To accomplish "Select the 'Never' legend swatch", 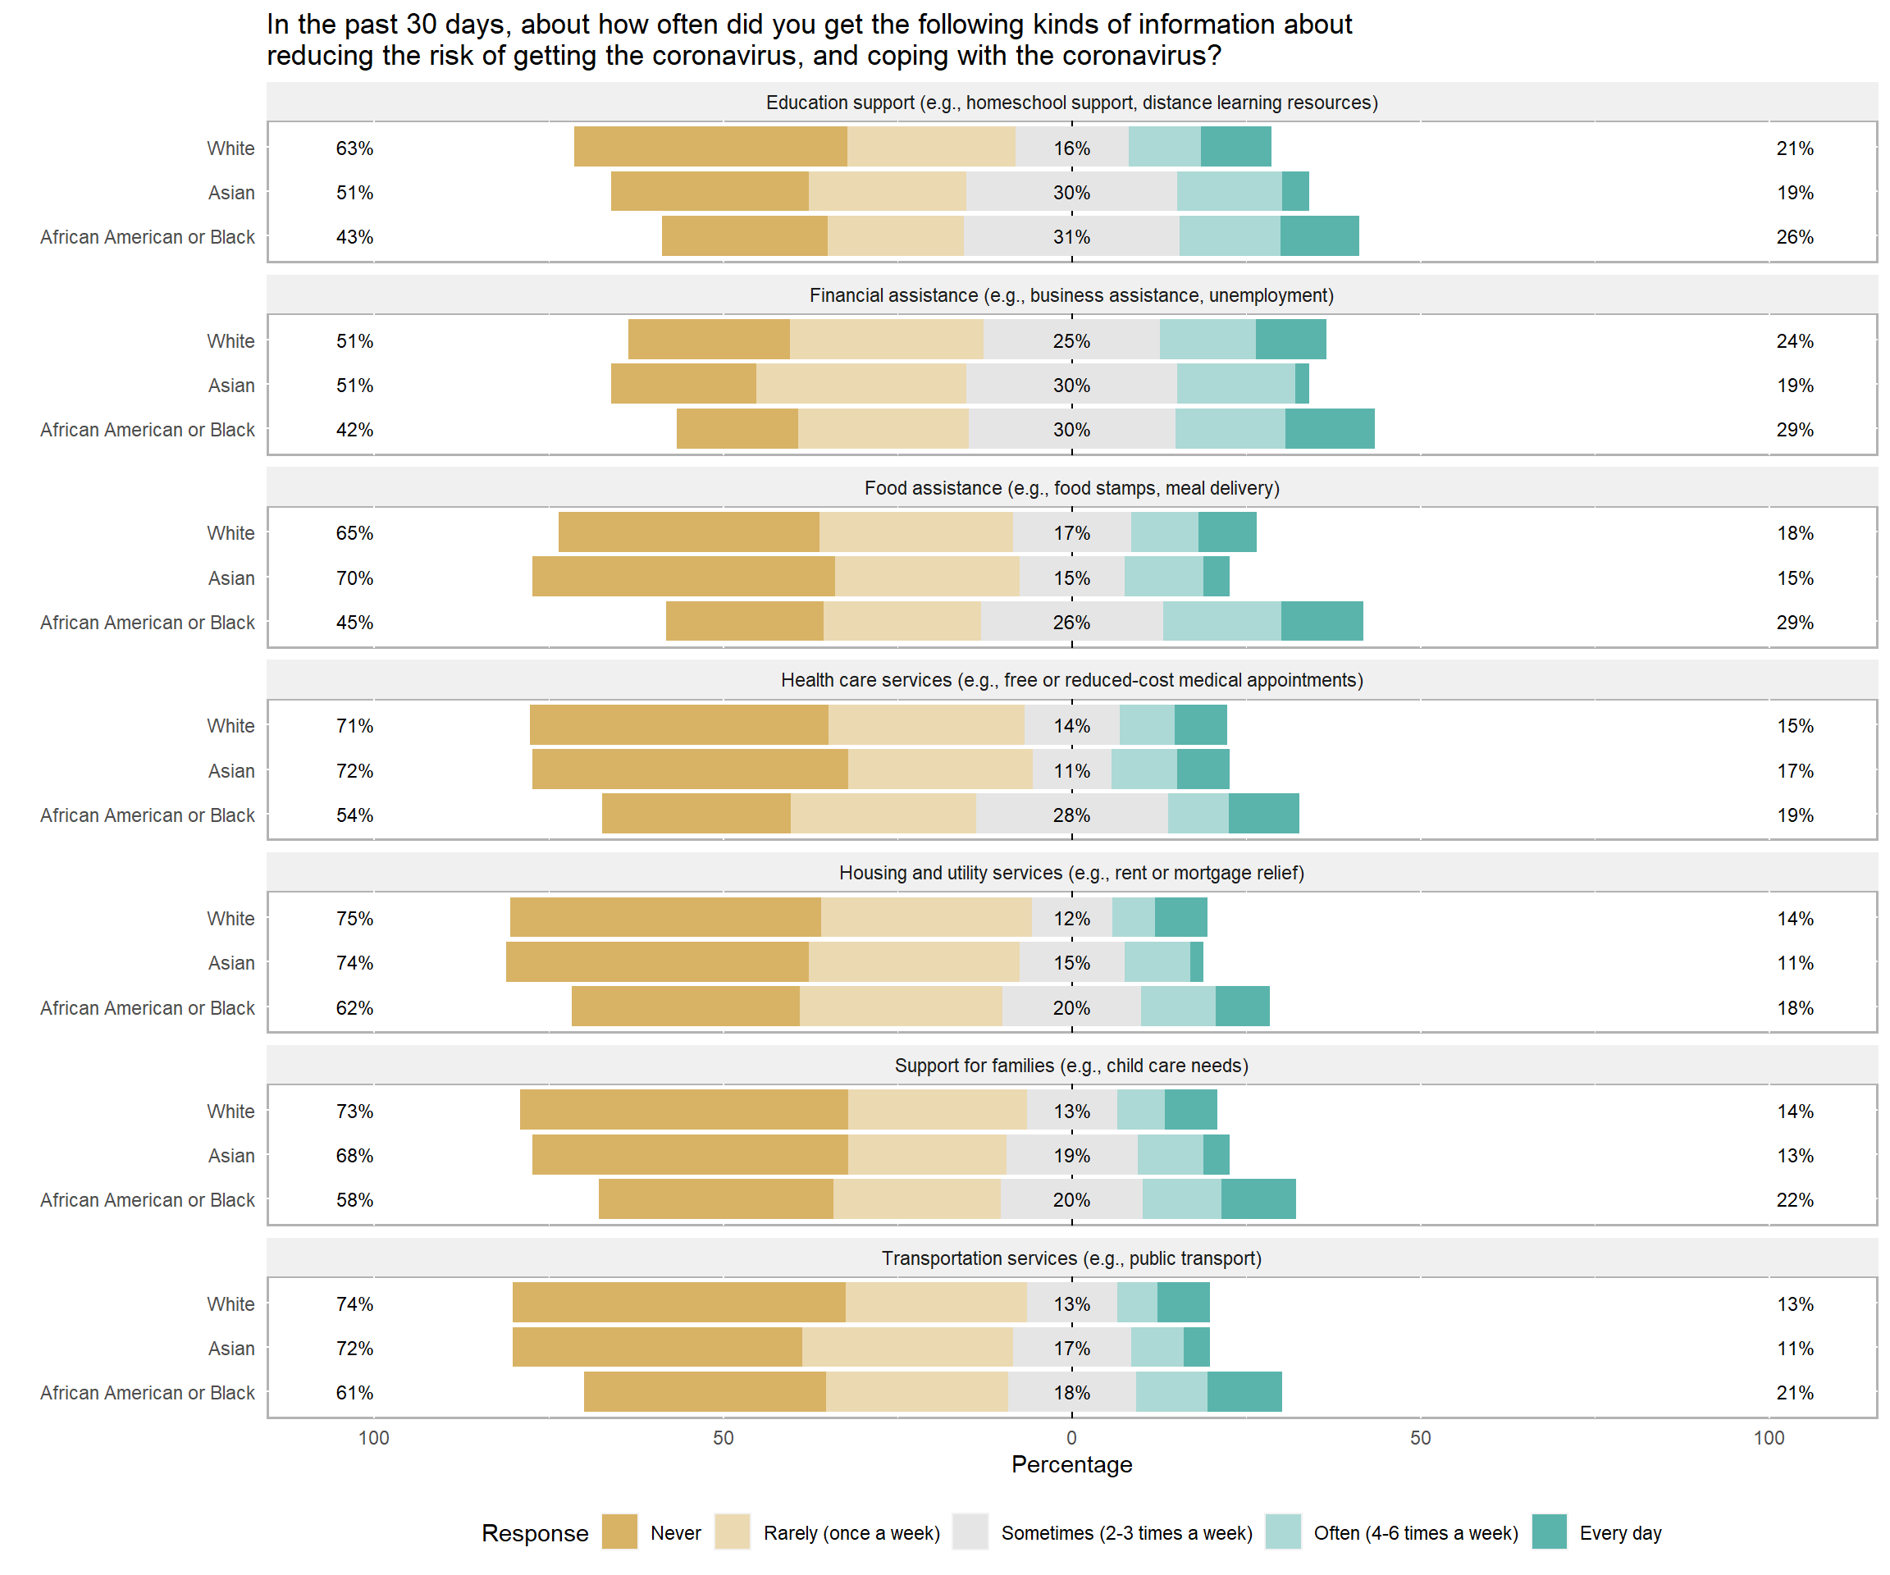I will click(x=619, y=1532).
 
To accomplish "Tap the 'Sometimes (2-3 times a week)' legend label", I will click(x=1127, y=1532).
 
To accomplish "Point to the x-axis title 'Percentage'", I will click(x=1071, y=1464).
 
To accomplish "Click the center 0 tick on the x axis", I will click(x=1071, y=1437).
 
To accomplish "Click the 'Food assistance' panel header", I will click(x=1071, y=488).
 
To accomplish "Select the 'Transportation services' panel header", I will click(x=1071, y=1258).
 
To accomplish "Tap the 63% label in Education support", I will click(x=354, y=148).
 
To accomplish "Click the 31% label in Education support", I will click(x=1071, y=237).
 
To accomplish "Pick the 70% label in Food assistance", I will click(x=354, y=577).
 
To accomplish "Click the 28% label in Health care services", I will click(x=1071, y=815).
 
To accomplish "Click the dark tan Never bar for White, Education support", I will click(x=710, y=147).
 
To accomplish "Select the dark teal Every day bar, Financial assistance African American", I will click(x=1329, y=428).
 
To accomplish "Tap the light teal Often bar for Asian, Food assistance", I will click(x=1164, y=576).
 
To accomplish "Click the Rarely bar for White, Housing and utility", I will click(x=926, y=917).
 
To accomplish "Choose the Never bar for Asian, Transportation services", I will click(x=657, y=1346).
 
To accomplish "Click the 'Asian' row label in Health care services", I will click(x=231, y=771).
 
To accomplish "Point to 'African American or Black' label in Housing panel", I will click(x=148, y=1008).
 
